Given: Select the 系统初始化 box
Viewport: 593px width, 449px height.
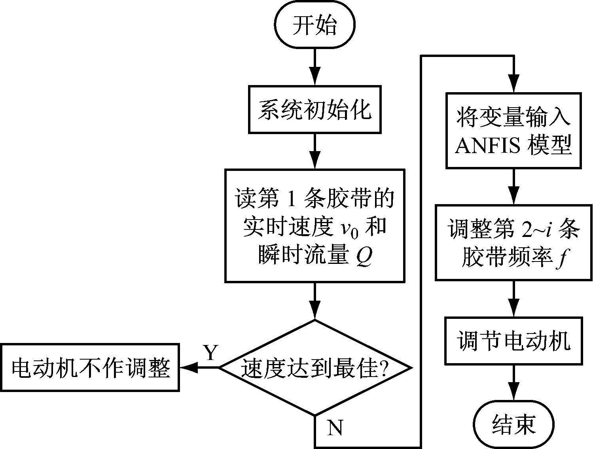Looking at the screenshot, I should point(314,109).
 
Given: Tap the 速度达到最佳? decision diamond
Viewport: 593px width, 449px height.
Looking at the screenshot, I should point(314,368).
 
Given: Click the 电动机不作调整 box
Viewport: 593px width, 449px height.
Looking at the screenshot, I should point(90,368).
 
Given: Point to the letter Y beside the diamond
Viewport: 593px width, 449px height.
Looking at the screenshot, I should point(211,352).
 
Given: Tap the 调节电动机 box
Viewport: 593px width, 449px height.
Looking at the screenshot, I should point(513,340).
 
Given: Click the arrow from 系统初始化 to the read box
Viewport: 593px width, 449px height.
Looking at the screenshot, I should point(314,151).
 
